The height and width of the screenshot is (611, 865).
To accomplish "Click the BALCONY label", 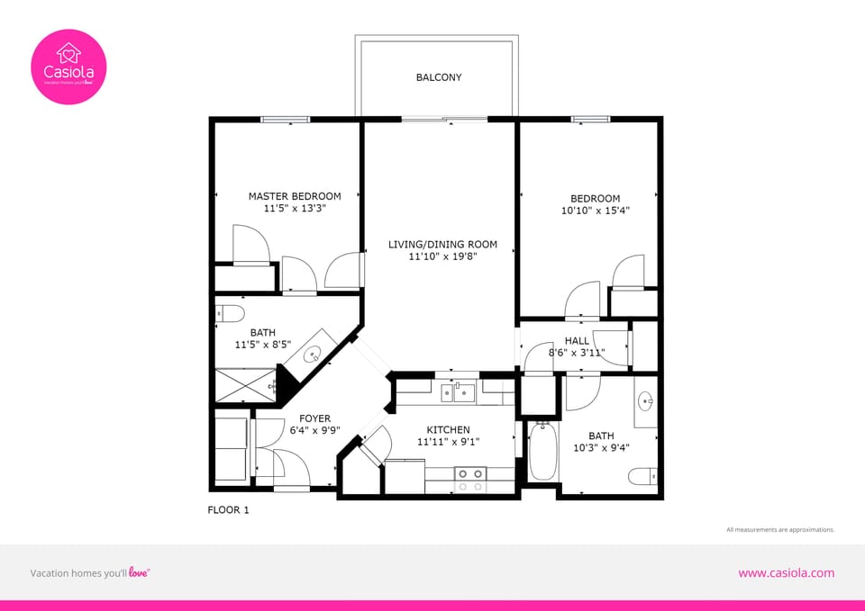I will pos(439,77).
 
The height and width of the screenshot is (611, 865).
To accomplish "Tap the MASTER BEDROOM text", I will pos(295,196).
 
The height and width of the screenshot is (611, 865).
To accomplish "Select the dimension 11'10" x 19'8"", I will pos(442,256).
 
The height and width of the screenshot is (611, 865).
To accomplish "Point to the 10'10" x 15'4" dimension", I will pos(595,211).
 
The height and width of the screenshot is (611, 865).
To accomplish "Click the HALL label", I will pos(577,341).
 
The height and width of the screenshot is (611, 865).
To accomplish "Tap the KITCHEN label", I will pos(448,430).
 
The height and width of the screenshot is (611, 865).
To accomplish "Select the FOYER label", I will pos(314,418).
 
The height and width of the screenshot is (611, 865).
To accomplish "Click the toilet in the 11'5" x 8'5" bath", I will pos(232,314).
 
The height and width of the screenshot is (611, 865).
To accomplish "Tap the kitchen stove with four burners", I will pos(469,479).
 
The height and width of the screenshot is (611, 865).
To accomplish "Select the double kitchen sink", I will pos(459,391).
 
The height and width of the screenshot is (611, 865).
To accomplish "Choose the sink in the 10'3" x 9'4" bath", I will pos(645,400).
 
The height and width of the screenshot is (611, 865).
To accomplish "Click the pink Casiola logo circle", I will pos(69,67).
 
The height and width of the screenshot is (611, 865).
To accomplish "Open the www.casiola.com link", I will pos(786,573).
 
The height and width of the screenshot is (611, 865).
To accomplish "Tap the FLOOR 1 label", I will pos(228,510).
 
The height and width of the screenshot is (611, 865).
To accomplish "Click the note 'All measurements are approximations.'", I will pos(779,530).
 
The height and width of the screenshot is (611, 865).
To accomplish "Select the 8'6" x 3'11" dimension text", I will pos(577,353).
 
